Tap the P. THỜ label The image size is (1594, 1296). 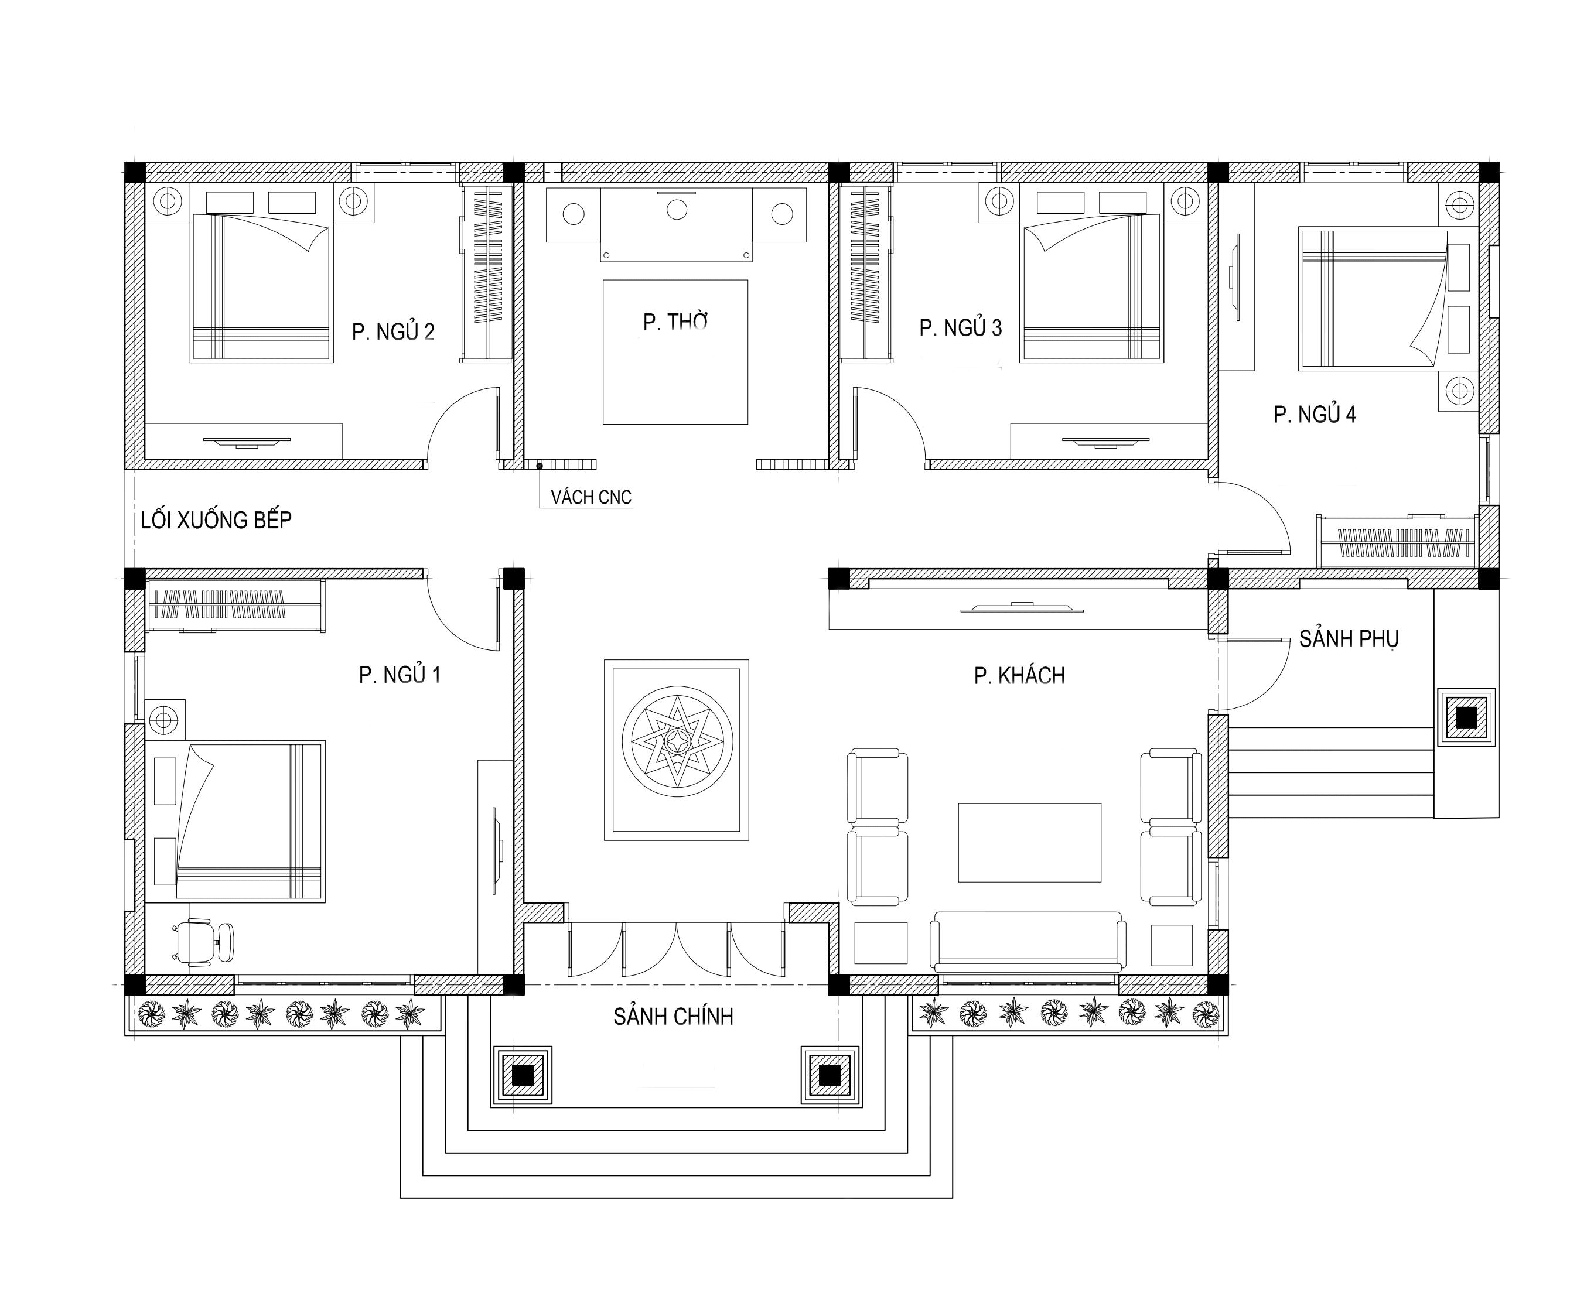[675, 322]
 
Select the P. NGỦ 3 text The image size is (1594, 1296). [960, 328]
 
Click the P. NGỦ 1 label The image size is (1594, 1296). [400, 675]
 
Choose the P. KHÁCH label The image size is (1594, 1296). [1019, 676]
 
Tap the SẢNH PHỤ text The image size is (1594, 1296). [1349, 639]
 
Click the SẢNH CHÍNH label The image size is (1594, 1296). [674, 1017]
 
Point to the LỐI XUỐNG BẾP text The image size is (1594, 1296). [216, 521]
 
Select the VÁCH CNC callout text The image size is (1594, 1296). [591, 497]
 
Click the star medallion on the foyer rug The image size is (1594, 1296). [677, 741]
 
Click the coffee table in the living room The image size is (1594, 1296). [1029, 843]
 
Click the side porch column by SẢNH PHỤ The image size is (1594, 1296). [1466, 717]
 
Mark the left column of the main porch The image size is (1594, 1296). [523, 1075]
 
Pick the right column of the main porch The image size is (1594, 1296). [830, 1075]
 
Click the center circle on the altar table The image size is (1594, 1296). [677, 210]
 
